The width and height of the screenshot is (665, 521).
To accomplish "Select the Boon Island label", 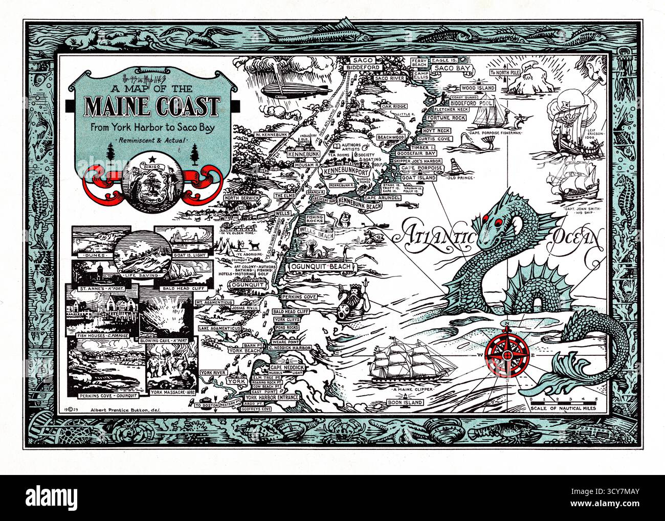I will (x=405, y=402).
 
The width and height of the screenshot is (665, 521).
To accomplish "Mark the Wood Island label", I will (x=478, y=88).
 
